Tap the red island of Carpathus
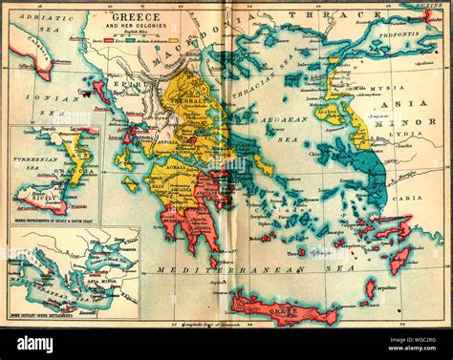coord(370,286)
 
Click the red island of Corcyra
coord(99,93)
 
